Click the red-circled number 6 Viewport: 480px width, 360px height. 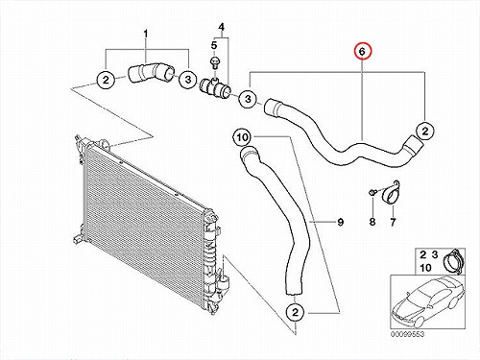point(362,52)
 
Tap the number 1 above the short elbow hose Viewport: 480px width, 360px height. point(146,34)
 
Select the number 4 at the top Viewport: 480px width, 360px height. point(222,27)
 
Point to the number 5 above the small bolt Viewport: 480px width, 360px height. point(214,45)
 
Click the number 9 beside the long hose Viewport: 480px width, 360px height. point(341,222)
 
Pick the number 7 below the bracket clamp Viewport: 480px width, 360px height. point(393,222)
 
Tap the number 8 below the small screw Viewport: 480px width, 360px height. point(372,222)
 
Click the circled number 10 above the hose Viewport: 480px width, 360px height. point(242,137)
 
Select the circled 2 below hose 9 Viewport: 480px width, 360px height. point(295,312)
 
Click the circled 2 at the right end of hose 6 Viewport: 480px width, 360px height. point(425,131)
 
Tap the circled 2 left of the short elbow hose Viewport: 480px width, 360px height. point(106,80)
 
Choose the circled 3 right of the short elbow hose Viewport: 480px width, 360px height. point(188,79)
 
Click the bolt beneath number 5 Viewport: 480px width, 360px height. point(214,61)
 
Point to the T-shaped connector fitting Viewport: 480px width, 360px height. point(215,87)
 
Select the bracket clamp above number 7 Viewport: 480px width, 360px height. point(391,193)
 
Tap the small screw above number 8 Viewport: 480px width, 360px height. point(372,192)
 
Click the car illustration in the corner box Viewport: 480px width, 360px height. point(427,300)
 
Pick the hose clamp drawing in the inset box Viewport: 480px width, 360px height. point(452,261)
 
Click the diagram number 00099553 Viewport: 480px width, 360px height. point(407,334)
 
